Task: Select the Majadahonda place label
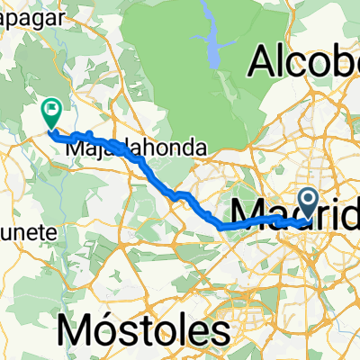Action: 137,148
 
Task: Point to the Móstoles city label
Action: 141,330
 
